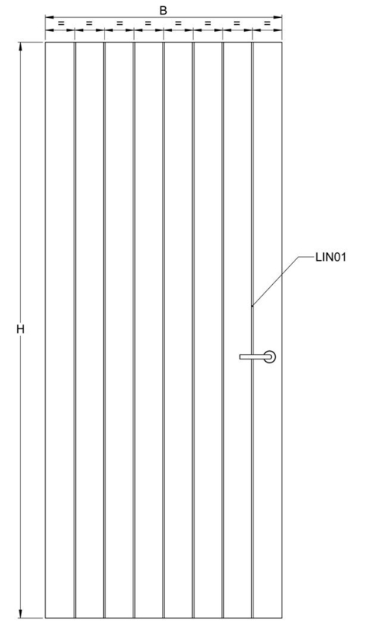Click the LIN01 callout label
pyautogui.click(x=331, y=257)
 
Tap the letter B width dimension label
pyautogui.click(x=163, y=11)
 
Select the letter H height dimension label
pyautogui.click(x=21, y=328)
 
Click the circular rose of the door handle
pyautogui.click(x=270, y=356)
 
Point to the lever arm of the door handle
pyautogui.click(x=253, y=357)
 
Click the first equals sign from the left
pyautogui.click(x=61, y=24)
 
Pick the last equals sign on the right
pyautogui.click(x=267, y=24)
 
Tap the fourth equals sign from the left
pyautogui.click(x=148, y=24)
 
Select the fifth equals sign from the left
pyautogui.click(x=178, y=24)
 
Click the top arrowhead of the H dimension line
pyautogui.click(x=21, y=46)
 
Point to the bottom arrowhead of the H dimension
pyautogui.click(x=21, y=613)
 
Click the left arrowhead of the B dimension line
pyautogui.click(x=50, y=17)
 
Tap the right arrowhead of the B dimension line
pyautogui.click(x=278, y=17)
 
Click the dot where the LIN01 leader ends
pyautogui.click(x=252, y=306)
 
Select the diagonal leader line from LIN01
pyautogui.click(x=275, y=281)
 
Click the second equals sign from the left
pyautogui.click(x=89, y=24)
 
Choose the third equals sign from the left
pyautogui.click(x=119, y=24)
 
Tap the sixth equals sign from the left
pyautogui.click(x=208, y=24)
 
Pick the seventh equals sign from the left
pyautogui.click(x=236, y=24)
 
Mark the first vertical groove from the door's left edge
pyautogui.click(x=74, y=329)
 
